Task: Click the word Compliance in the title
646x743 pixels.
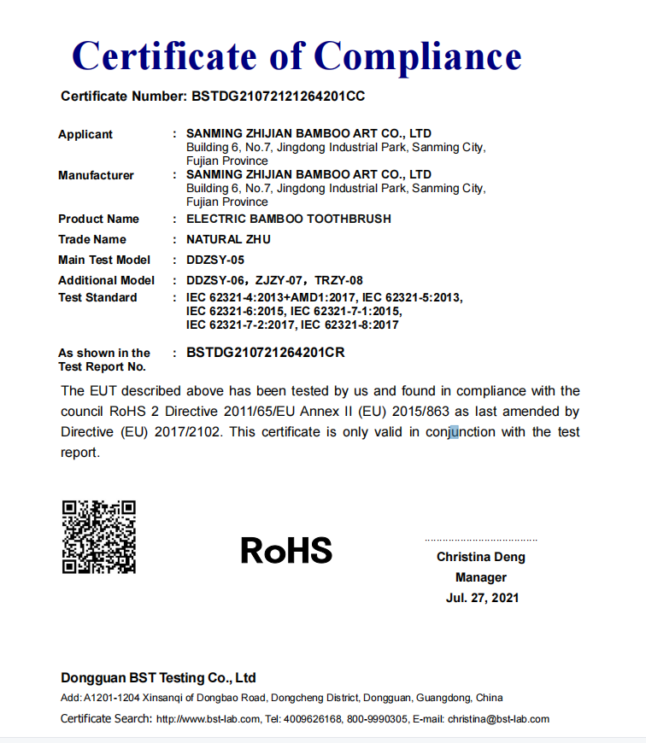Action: pyautogui.click(x=418, y=57)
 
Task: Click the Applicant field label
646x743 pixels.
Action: pyautogui.click(x=85, y=134)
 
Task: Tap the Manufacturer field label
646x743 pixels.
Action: pyautogui.click(x=96, y=175)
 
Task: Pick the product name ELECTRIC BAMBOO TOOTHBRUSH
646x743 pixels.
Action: pyautogui.click(x=289, y=219)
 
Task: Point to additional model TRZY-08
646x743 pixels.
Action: pyautogui.click(x=339, y=280)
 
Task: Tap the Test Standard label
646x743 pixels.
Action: pyautogui.click(x=97, y=297)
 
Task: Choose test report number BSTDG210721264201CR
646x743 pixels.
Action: pyautogui.click(x=266, y=352)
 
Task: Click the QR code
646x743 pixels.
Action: pyautogui.click(x=99, y=536)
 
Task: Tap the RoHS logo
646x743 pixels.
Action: pyautogui.click(x=286, y=551)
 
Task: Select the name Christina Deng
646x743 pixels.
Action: pyautogui.click(x=481, y=557)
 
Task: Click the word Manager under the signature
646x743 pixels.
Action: pyautogui.click(x=481, y=577)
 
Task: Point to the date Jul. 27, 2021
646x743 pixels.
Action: pyautogui.click(x=482, y=598)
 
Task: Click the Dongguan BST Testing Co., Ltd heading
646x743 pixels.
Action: pyautogui.click(x=158, y=678)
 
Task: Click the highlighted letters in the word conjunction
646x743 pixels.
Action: pyautogui.click(x=455, y=432)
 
